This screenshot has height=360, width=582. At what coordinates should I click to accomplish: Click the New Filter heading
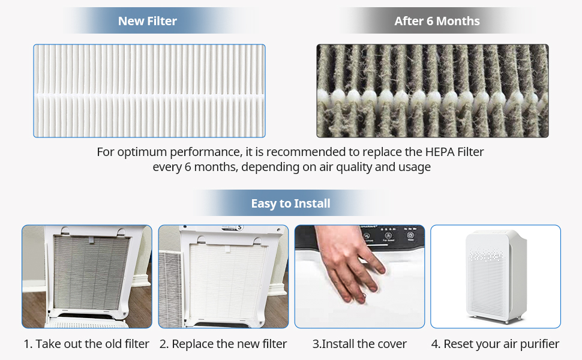148,21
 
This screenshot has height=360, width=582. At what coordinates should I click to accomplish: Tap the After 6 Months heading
437,21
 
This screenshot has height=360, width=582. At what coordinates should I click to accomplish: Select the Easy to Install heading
290,203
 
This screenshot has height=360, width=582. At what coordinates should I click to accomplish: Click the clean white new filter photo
149,91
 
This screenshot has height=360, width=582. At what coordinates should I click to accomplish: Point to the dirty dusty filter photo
432,91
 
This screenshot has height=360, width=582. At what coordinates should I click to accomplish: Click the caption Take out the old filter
86,344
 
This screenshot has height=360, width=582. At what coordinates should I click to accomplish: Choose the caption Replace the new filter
223,344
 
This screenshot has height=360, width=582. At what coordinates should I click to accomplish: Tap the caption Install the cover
359,344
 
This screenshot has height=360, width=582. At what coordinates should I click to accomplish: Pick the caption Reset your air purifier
495,344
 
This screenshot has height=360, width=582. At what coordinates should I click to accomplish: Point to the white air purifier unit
496,276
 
